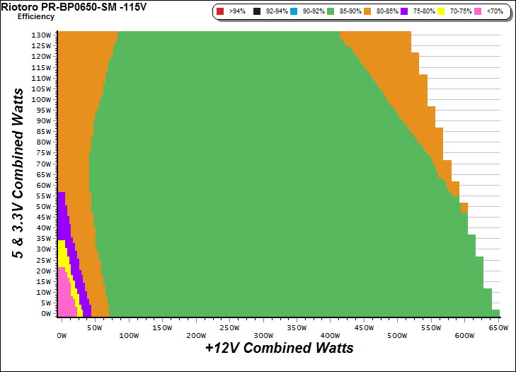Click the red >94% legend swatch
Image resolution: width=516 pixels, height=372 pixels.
[220, 12]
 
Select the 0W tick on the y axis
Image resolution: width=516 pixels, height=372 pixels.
[45, 313]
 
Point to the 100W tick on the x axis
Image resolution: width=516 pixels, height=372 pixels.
[128, 327]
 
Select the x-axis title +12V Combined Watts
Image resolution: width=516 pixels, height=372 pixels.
[279, 348]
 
